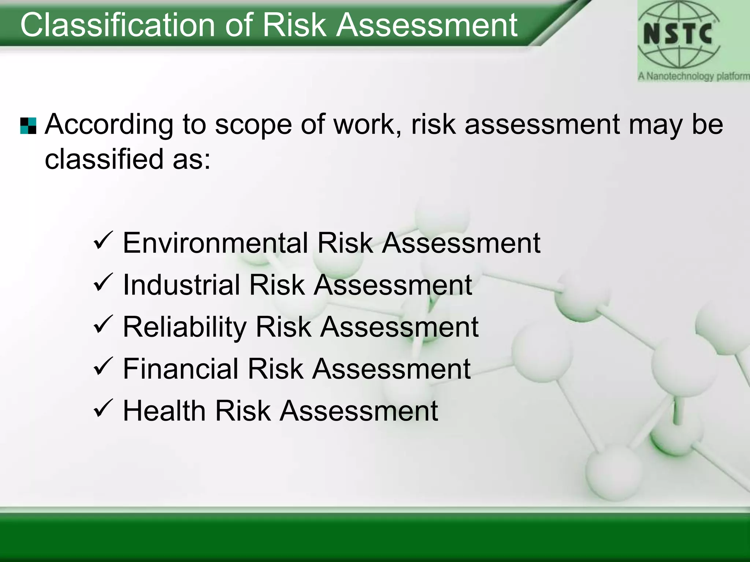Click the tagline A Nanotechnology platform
click(x=693, y=76)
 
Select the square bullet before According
click(x=28, y=126)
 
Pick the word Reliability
click(x=185, y=327)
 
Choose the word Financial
click(x=181, y=369)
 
